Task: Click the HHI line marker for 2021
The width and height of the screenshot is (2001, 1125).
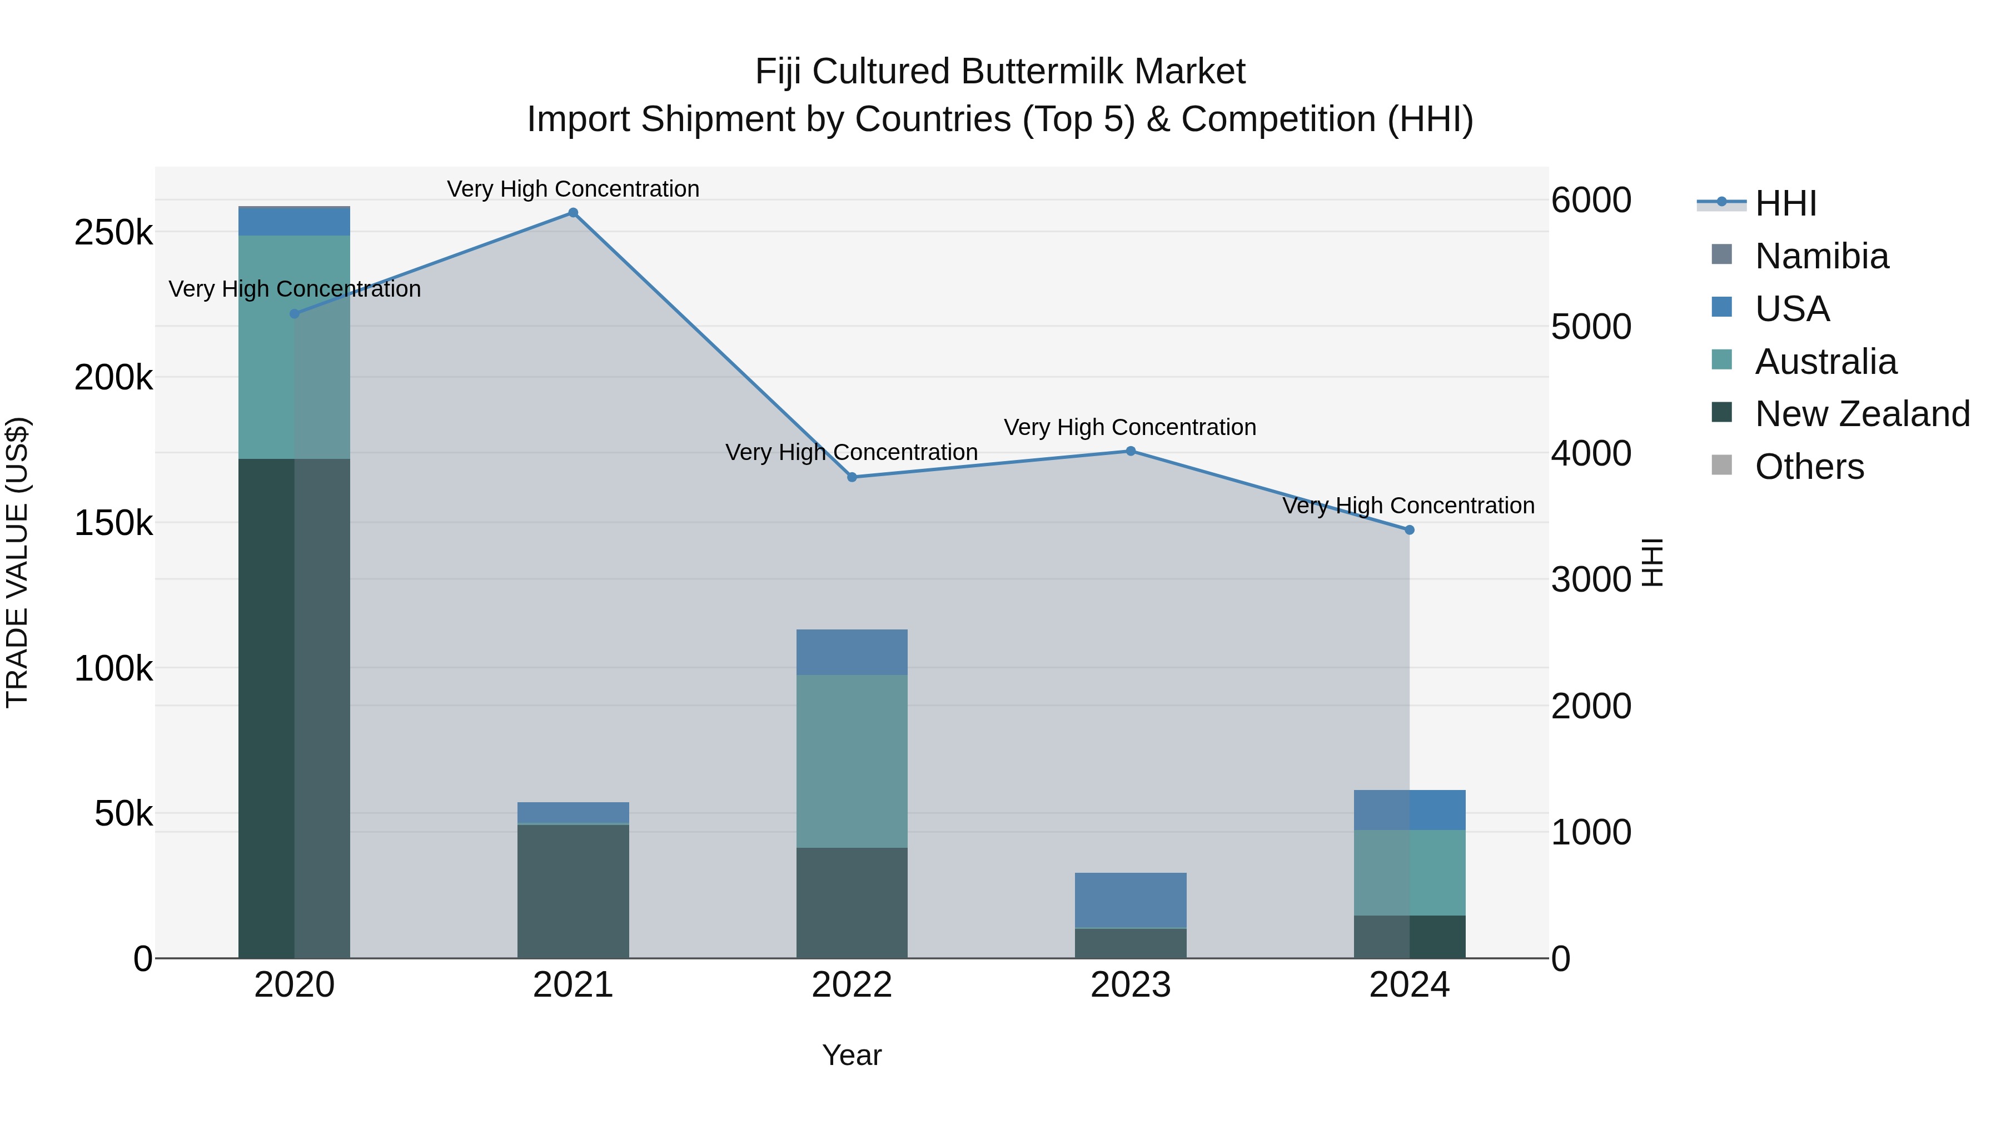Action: (573, 213)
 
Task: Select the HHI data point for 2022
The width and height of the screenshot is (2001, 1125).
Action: (852, 477)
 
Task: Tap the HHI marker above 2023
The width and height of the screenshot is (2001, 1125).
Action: (1131, 451)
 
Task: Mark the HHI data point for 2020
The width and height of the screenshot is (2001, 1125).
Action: (295, 314)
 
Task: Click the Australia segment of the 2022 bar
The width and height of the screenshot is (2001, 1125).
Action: (852, 761)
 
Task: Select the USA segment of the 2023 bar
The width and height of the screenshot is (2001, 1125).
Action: (1131, 900)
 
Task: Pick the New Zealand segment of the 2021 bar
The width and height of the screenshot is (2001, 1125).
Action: (573, 891)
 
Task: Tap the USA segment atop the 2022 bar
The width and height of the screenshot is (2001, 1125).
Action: (852, 652)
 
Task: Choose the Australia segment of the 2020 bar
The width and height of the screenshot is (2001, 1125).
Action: (295, 347)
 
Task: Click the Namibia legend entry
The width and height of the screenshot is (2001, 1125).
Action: (1821, 256)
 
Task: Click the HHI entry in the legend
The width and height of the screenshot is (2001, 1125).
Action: (1785, 203)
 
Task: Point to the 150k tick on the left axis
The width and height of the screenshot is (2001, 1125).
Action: (113, 523)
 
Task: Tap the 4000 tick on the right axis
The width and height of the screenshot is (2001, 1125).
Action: (1591, 453)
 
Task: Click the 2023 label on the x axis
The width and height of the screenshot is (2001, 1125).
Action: (1131, 985)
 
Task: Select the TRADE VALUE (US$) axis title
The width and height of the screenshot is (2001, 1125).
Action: (17, 562)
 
